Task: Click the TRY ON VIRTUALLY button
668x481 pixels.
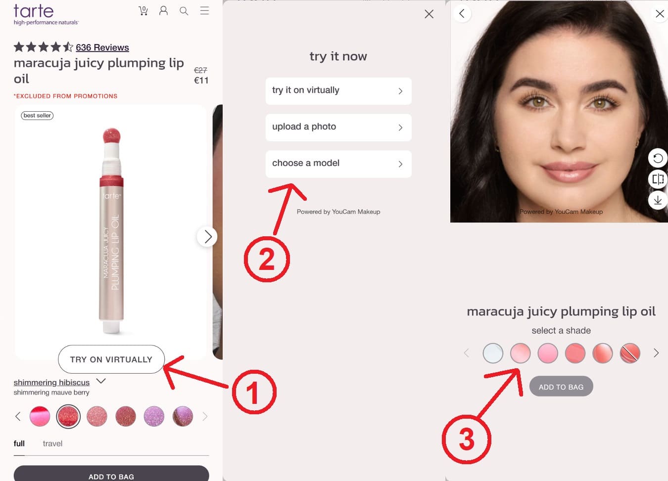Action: coord(111,359)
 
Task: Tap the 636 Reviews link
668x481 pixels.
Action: coord(102,47)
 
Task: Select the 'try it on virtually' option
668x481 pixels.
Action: coord(338,90)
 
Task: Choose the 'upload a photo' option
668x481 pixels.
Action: coord(338,127)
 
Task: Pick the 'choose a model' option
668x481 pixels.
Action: coord(338,164)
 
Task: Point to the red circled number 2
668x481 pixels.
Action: coord(267,259)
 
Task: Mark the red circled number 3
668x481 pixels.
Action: coord(466,439)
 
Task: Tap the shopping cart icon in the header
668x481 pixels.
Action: coord(143,11)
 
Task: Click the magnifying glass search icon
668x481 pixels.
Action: coord(184,11)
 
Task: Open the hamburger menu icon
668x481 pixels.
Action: coord(204,11)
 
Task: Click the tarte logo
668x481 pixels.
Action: coord(34,11)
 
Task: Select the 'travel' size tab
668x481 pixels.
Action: coord(52,443)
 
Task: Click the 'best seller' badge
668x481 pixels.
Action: coord(37,116)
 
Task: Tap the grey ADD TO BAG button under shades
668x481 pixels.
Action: coord(561,387)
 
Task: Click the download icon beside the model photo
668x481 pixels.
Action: coord(658,200)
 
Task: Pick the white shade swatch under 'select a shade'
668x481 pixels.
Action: coord(493,353)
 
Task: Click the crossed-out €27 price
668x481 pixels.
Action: coord(200,70)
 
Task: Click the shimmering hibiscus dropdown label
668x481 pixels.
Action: coord(51,382)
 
